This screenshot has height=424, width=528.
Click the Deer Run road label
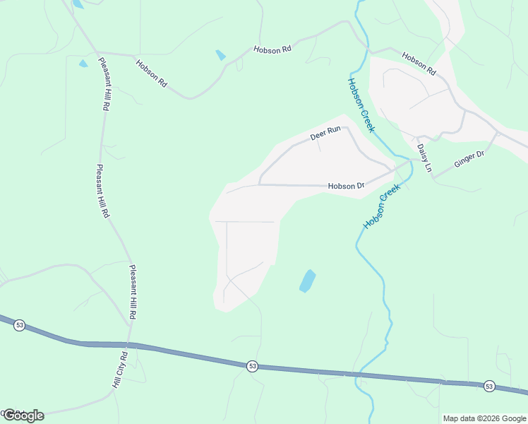coord(325,133)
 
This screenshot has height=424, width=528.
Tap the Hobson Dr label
coord(346,187)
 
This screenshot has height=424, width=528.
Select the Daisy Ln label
coord(424,158)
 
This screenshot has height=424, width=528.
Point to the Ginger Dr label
coord(469,160)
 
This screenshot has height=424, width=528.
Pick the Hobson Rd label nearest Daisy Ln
coord(419,64)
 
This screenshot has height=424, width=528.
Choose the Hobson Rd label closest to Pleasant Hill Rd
coord(152,73)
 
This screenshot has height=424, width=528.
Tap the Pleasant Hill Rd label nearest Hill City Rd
coord(133,291)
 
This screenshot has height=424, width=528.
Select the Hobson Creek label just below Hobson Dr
coord(382,206)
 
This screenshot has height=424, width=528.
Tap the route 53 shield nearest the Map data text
coord(489,386)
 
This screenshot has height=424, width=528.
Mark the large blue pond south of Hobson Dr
coord(307,281)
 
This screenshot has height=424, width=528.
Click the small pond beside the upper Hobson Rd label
coord(221,54)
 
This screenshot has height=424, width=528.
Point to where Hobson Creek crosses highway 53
coord(359,374)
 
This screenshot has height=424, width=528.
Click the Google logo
coord(23,416)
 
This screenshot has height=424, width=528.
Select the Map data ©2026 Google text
coord(484,418)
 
